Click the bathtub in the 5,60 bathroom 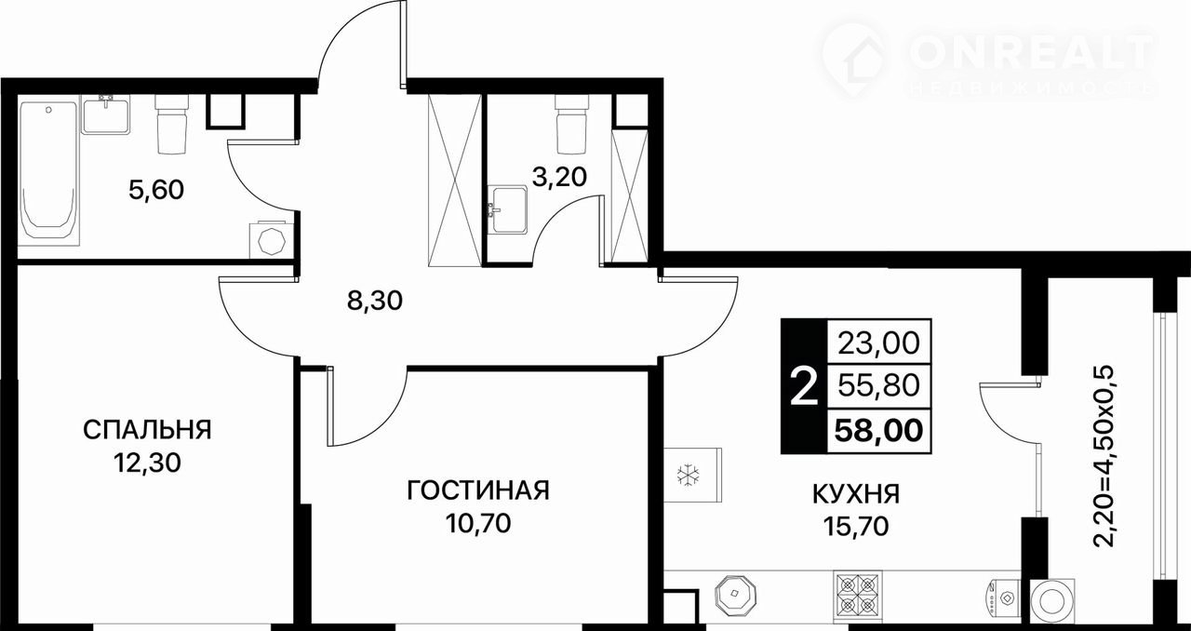pos(48,171)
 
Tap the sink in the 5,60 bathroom pos(106,114)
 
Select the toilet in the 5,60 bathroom pos(172,125)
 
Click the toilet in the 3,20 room pos(572,124)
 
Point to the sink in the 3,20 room pos(508,209)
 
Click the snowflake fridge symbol pos(688,476)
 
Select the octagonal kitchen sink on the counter pos(736,594)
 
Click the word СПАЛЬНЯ pos(147,429)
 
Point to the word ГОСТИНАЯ pos(478,490)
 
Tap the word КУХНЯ pos(856,494)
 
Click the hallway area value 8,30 pos(375,302)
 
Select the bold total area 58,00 pos(878,430)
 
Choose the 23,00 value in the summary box pos(878,342)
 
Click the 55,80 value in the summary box pos(878,385)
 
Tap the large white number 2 pos(803,387)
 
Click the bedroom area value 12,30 pos(147,463)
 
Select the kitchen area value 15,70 pos(856,527)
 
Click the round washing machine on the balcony pos(1052,601)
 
